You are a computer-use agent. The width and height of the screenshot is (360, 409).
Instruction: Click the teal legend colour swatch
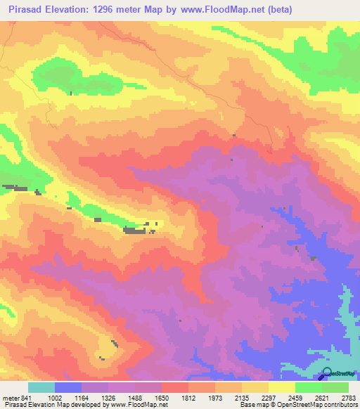(41, 388)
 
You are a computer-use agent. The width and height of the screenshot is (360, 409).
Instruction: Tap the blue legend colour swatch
(68, 388)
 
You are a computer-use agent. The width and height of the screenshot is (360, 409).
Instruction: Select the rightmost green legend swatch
(335, 388)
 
